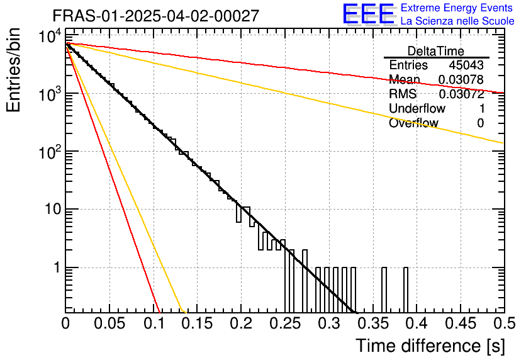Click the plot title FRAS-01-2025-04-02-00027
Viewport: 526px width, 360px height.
tap(155, 16)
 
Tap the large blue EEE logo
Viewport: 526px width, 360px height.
tap(368, 15)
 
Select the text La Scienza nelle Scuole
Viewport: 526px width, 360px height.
tap(457, 21)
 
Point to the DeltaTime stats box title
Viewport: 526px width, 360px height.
tap(436, 51)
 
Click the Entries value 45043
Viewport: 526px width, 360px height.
tap(466, 65)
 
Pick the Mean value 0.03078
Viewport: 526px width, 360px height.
tap(461, 80)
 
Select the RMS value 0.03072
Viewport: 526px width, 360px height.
tap(461, 94)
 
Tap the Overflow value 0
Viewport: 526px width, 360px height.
tap(480, 123)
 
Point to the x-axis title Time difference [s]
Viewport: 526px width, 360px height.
tap(430, 346)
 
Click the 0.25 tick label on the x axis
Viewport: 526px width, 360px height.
tap(285, 323)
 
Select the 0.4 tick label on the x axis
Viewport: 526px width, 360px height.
tap(416, 323)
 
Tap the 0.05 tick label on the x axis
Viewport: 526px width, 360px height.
tap(109, 323)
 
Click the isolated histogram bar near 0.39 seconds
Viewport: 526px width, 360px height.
tap(406, 290)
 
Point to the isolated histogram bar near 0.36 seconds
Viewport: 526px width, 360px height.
tap(384, 290)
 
